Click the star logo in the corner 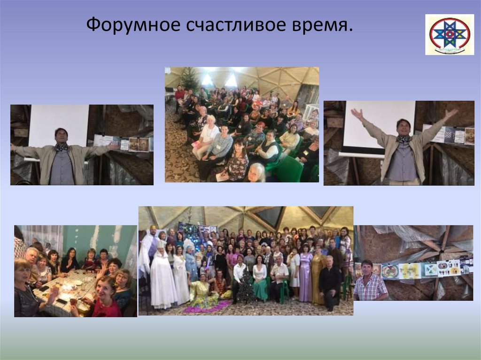click(x=449, y=34)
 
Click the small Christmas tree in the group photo click(x=246, y=287)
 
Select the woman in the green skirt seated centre click(x=260, y=279)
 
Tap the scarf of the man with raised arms click(x=403, y=138)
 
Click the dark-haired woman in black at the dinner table click(x=70, y=261)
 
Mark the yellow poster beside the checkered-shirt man click(x=410, y=270)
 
